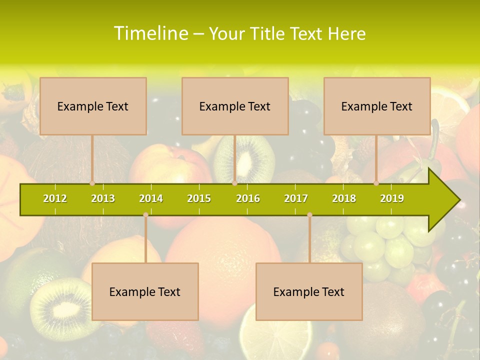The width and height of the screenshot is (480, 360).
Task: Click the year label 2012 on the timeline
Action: click(x=55, y=198)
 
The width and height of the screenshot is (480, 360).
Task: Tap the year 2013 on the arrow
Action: click(x=103, y=198)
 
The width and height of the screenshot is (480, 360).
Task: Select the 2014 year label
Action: click(x=151, y=198)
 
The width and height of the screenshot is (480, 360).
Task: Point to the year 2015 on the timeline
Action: click(x=199, y=198)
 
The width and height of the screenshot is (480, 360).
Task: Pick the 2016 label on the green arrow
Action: click(x=248, y=198)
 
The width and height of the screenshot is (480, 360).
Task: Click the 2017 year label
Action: click(x=296, y=198)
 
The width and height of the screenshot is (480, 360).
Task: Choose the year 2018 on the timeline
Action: click(x=344, y=198)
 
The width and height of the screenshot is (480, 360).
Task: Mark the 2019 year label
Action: click(x=392, y=198)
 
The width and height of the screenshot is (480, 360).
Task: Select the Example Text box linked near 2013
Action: click(x=93, y=106)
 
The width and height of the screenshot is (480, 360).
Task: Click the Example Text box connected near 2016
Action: click(x=235, y=106)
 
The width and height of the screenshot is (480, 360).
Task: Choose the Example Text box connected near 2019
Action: click(x=377, y=106)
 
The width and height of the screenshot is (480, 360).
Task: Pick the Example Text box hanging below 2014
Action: click(x=145, y=291)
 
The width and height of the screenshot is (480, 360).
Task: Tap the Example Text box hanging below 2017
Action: click(x=309, y=291)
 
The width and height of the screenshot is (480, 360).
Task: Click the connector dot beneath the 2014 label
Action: click(x=145, y=215)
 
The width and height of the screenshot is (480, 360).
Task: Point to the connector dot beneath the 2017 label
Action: click(x=309, y=215)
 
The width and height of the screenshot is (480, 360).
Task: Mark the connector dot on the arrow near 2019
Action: click(x=376, y=183)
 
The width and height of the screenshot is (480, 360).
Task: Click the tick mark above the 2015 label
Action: click(x=199, y=187)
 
